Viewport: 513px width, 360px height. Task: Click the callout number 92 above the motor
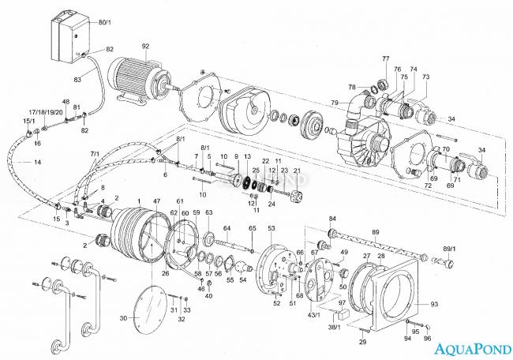coord(145,46)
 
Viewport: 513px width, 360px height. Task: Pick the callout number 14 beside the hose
coord(37,162)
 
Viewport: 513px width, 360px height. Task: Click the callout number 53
coord(271,228)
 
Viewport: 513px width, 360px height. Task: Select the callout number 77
coord(386,59)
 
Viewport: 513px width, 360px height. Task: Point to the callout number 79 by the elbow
coord(335,102)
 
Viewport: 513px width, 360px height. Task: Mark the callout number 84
coord(332,218)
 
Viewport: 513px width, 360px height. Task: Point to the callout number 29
coord(362,342)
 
